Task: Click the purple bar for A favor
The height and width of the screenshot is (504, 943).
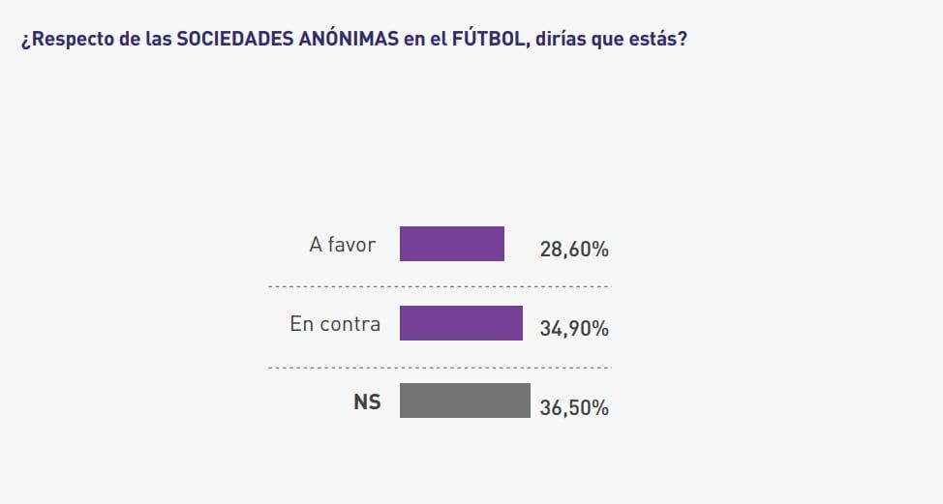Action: (x=452, y=244)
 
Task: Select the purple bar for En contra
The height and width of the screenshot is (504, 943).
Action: (x=461, y=323)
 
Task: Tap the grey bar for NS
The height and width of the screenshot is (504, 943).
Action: (x=465, y=400)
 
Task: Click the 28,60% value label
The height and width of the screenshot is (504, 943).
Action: (x=574, y=250)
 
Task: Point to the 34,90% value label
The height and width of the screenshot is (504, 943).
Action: (x=574, y=329)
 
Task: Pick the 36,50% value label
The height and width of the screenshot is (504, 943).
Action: (x=574, y=407)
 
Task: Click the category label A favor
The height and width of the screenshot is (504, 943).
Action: (x=342, y=245)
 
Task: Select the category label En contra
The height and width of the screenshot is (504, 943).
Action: (x=335, y=324)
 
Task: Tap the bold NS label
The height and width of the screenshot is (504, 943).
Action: (x=367, y=402)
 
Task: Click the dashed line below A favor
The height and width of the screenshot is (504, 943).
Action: (x=440, y=286)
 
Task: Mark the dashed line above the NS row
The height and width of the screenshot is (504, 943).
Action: (x=440, y=367)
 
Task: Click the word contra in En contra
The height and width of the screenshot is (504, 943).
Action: (x=349, y=324)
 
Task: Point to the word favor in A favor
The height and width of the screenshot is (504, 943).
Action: (x=351, y=245)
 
